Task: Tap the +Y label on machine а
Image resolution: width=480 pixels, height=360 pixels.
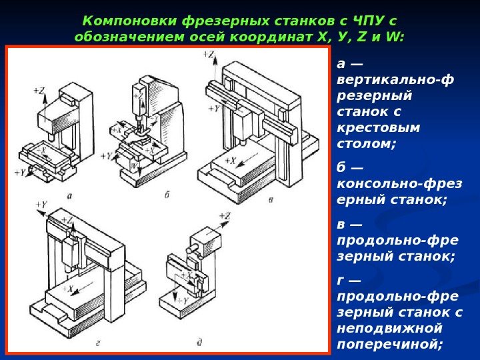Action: coord(20,172)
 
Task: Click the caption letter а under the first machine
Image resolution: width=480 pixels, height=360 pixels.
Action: coord(69,195)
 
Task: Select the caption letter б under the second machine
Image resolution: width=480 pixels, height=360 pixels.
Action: coord(166,195)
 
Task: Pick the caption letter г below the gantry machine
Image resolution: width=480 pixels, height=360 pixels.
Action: coord(98,342)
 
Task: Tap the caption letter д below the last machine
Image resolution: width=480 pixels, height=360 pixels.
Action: coord(199,342)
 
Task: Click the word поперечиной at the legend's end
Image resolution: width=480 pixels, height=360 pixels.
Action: coord(390,344)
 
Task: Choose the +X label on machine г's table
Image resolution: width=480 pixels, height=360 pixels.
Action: coord(69,287)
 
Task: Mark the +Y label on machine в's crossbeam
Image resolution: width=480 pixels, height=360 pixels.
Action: coord(213,108)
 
